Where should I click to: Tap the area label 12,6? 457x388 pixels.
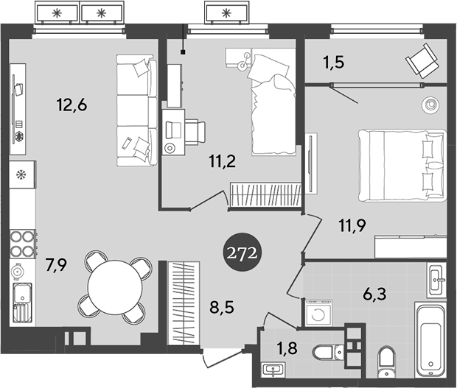click(x=72, y=105)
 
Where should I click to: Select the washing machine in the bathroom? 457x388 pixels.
click(x=318, y=312)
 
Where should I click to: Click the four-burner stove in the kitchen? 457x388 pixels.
click(x=23, y=243)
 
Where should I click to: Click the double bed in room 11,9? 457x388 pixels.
click(x=402, y=166)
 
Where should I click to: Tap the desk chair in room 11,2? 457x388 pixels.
click(x=195, y=130)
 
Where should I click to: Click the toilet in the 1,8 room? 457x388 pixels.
click(x=324, y=353)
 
